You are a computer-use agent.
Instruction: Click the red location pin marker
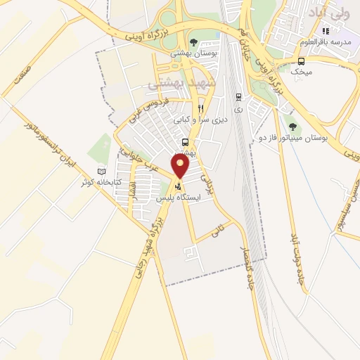[181, 166]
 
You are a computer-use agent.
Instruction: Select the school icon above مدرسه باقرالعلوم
[325, 31]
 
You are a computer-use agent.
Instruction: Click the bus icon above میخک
[302, 60]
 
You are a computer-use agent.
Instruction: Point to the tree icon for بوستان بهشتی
[194, 41]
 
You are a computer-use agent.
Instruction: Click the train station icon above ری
[238, 97]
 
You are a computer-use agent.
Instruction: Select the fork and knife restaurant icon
[200, 109]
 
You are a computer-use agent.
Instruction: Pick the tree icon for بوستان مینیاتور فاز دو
[293, 127]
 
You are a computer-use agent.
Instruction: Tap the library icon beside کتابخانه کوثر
[103, 172]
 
